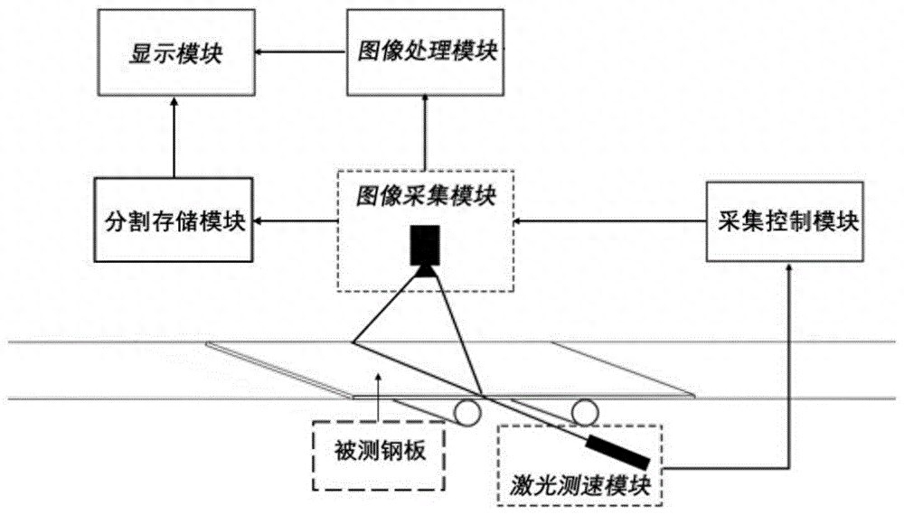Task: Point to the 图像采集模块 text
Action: (424, 195)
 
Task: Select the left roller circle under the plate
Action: (467, 413)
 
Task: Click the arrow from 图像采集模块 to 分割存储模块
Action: (295, 220)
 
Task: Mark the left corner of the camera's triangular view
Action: (353, 342)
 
